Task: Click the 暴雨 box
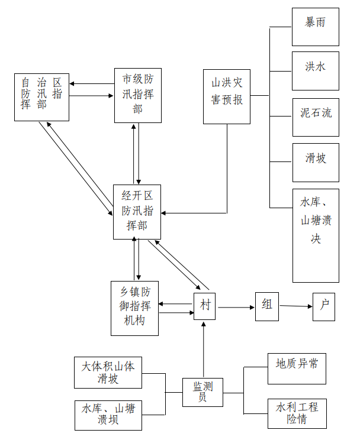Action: [316, 27]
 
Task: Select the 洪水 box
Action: [316, 70]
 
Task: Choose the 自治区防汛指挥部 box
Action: [41, 96]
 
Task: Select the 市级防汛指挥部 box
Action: [137, 95]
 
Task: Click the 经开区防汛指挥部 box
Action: [137, 212]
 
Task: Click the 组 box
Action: [267, 306]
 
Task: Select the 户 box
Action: [323, 306]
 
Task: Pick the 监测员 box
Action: [202, 392]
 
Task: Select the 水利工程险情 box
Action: [296, 414]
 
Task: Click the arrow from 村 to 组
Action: [236, 307]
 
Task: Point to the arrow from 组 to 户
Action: [295, 306]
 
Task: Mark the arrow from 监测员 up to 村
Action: [203, 349]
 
